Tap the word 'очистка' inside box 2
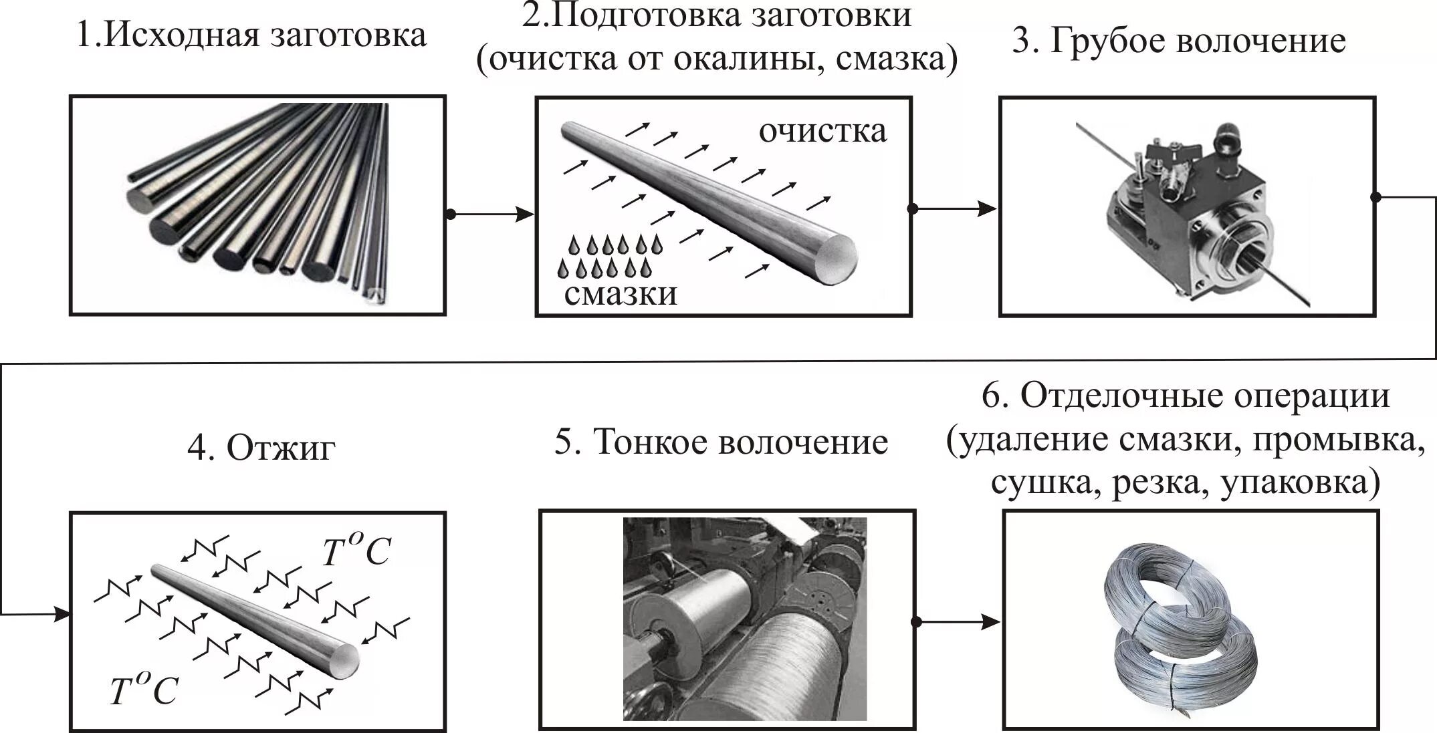[822, 131]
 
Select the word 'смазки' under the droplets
[620, 293]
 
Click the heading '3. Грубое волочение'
[1178, 41]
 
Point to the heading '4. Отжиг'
[261, 448]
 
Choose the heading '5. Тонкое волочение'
[721, 442]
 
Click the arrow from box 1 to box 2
[491, 214]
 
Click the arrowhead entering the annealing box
[62, 613]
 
